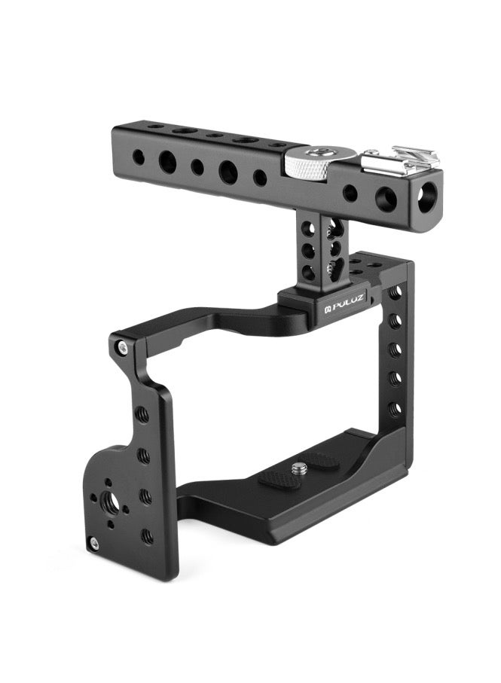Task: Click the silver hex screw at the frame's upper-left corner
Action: point(124,346)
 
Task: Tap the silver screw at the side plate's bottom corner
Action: point(93,542)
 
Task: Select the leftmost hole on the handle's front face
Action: point(138,157)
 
